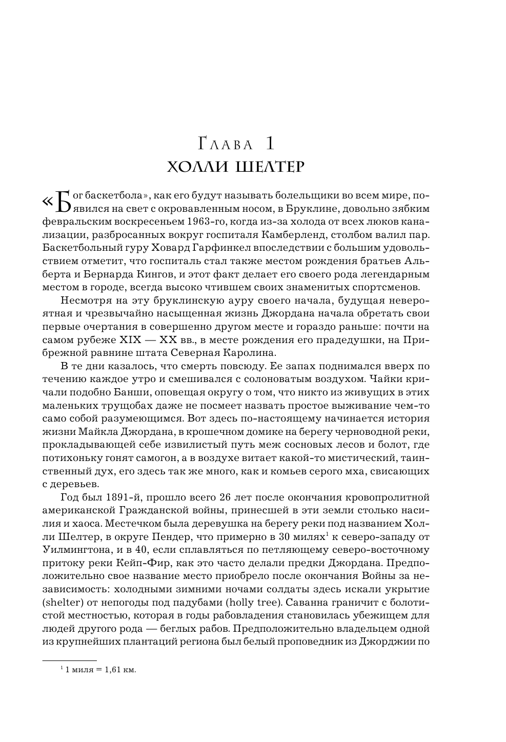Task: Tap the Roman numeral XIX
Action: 130,340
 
